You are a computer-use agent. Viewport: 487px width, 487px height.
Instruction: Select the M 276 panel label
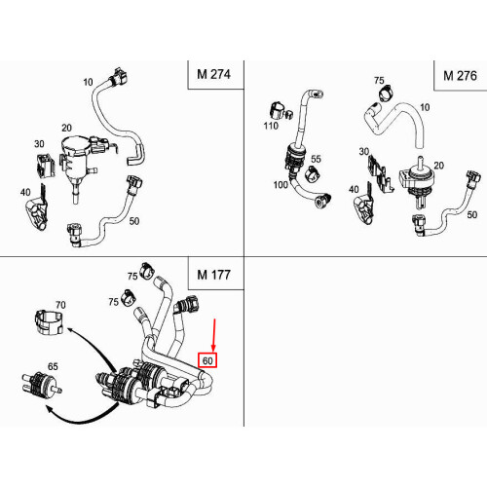point(461,75)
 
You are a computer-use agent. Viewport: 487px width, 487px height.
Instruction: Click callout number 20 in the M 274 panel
point(66,129)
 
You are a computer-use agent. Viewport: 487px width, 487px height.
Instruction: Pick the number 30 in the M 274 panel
point(40,144)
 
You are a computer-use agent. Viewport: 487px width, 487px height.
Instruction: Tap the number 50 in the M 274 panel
point(134,221)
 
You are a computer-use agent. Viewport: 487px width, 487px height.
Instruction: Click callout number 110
point(270,127)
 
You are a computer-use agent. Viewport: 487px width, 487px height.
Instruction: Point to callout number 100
point(280,184)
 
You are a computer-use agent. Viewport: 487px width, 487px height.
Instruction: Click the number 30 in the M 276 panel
point(363,152)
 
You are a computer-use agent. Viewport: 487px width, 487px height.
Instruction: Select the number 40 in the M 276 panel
point(355,191)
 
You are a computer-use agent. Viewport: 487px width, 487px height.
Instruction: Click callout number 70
point(60,305)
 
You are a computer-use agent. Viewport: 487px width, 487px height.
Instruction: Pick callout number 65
point(55,367)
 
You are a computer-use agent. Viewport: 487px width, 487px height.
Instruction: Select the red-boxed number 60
point(206,359)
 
